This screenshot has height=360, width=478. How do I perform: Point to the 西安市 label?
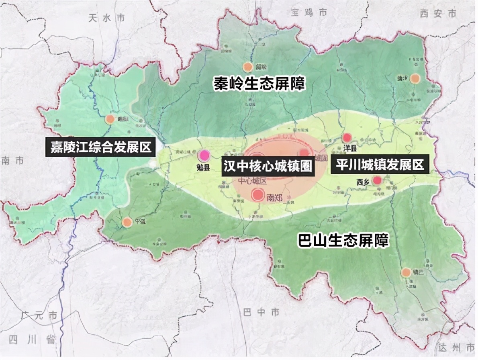(438, 14)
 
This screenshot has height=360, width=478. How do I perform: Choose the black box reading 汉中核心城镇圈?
(268, 166)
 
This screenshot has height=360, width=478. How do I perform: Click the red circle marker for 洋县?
(347, 137)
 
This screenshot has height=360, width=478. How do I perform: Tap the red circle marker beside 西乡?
(377, 180)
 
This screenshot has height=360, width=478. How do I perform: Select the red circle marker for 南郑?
(257, 195)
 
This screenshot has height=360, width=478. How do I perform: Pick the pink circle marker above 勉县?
(204, 155)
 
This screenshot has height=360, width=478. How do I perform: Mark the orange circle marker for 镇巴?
(406, 272)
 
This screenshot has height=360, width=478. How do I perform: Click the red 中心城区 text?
(252, 181)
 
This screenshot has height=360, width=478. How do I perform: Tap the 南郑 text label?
(274, 198)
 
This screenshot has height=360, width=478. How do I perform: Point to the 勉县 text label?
(203, 168)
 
